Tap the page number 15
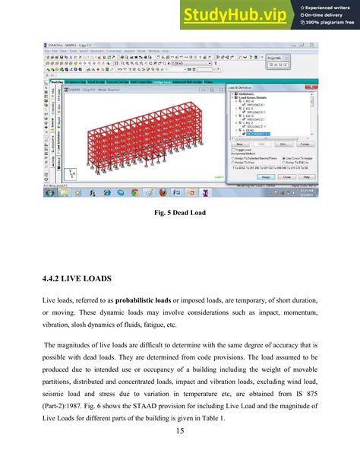180,454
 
